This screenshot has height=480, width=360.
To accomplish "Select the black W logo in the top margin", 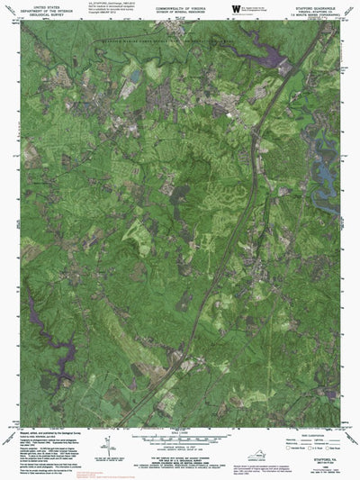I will (236, 8).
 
